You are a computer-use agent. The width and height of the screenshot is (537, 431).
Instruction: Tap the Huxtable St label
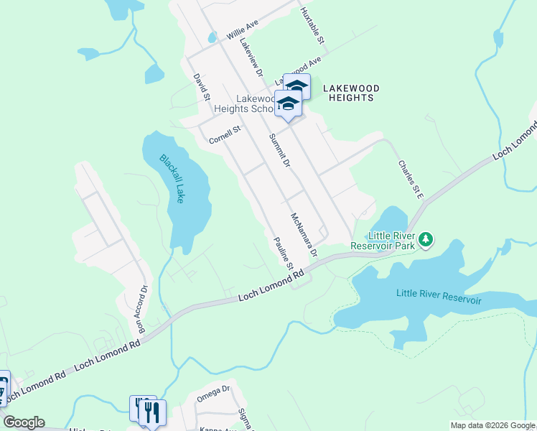[x=313, y=24]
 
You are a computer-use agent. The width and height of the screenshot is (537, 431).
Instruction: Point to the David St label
[x=201, y=86]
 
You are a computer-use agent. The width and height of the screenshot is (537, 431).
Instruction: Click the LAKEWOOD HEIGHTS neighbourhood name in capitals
[x=350, y=93]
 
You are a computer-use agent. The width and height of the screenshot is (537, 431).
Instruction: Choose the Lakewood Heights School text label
[x=255, y=103]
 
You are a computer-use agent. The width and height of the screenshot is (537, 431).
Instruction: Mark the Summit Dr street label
[x=279, y=151]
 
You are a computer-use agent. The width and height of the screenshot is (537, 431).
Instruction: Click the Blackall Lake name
[x=173, y=179]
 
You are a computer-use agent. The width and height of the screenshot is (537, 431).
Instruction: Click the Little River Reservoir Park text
[x=383, y=241]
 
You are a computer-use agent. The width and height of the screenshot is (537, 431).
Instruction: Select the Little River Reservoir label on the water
[x=439, y=295]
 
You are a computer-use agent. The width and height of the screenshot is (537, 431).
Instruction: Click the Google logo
[x=23, y=422]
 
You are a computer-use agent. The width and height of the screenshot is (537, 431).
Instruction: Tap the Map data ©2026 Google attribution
[x=492, y=425]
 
